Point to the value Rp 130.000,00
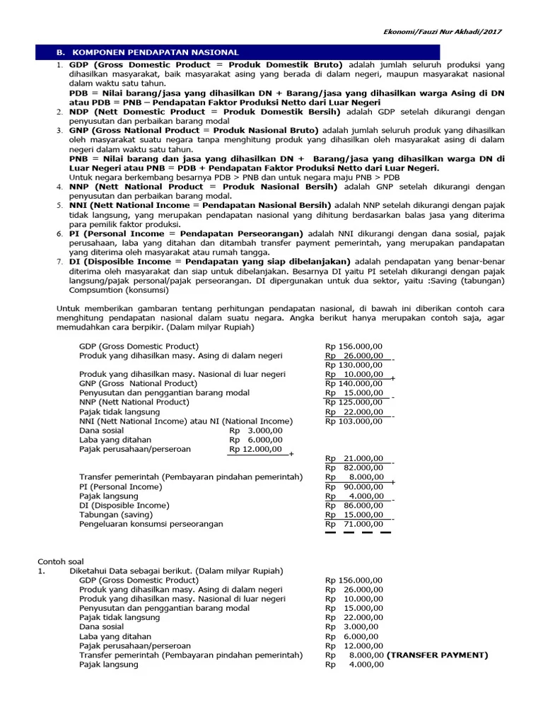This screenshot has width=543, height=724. click(354, 365)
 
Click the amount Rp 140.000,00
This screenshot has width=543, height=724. click(354, 383)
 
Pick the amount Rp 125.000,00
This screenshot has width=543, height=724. click(354, 402)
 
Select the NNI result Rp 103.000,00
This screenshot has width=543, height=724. click(354, 421)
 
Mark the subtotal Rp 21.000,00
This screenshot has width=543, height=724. click(354, 458)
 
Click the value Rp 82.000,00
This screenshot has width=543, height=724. click(354, 467)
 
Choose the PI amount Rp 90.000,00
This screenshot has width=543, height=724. click(354, 486)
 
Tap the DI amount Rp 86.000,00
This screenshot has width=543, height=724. click(354, 506)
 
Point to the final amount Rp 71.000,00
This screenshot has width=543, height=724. click(354, 524)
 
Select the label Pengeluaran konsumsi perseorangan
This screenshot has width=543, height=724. click(151, 524)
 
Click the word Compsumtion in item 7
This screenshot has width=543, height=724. click(93, 290)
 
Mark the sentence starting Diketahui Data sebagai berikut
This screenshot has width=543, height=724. click(175, 571)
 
